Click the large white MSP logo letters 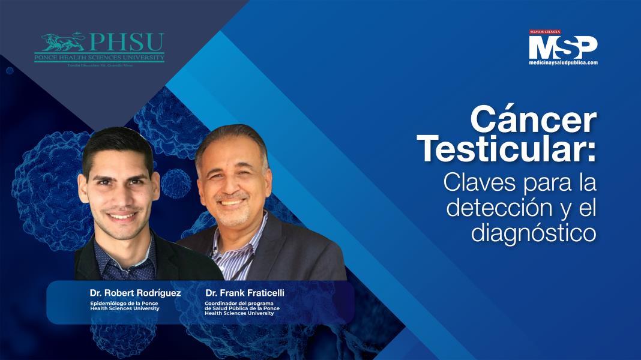tap(562, 47)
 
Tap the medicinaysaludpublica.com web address tap(563, 62)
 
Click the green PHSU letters tap(126, 42)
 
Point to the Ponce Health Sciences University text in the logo tap(99, 57)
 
